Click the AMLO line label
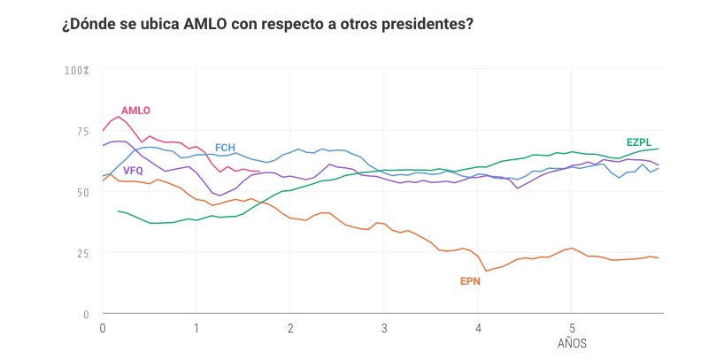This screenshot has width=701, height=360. point(135,111)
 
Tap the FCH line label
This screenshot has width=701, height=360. point(225,148)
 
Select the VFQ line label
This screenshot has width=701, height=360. point(133,171)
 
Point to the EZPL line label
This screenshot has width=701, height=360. point(640,142)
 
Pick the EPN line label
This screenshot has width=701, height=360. point(470,281)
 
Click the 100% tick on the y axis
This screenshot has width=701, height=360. point(76,70)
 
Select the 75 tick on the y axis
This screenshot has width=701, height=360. point(83,131)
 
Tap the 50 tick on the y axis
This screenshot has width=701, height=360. point(83,192)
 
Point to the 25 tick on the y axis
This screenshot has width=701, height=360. point(83,253)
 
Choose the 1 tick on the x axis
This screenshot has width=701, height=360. point(196,328)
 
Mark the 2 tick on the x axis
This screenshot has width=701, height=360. point(290,328)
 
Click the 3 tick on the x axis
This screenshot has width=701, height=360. point(384,328)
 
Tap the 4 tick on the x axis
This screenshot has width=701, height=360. point(478,328)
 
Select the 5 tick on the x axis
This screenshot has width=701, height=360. point(572,328)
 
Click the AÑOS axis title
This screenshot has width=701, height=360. point(572,343)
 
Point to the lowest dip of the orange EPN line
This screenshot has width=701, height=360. point(486,271)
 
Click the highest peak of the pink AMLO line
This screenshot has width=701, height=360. point(119,117)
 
